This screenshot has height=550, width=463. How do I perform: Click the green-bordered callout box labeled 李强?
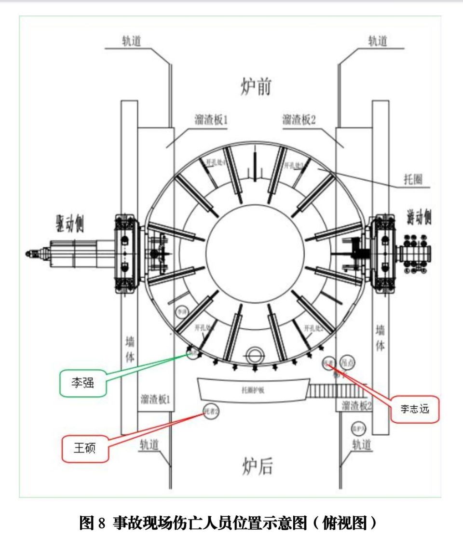pyautogui.click(x=82, y=383)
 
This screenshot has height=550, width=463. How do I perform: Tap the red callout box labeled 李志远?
pyautogui.click(x=414, y=409)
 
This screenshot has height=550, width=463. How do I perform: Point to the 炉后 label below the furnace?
pyautogui.click(x=257, y=467)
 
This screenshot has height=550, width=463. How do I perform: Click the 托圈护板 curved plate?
pyautogui.click(x=253, y=389)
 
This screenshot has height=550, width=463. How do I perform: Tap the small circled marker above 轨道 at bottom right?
pyautogui.click(x=358, y=428)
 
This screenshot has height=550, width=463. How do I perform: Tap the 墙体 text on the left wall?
pyautogui.click(x=129, y=349)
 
